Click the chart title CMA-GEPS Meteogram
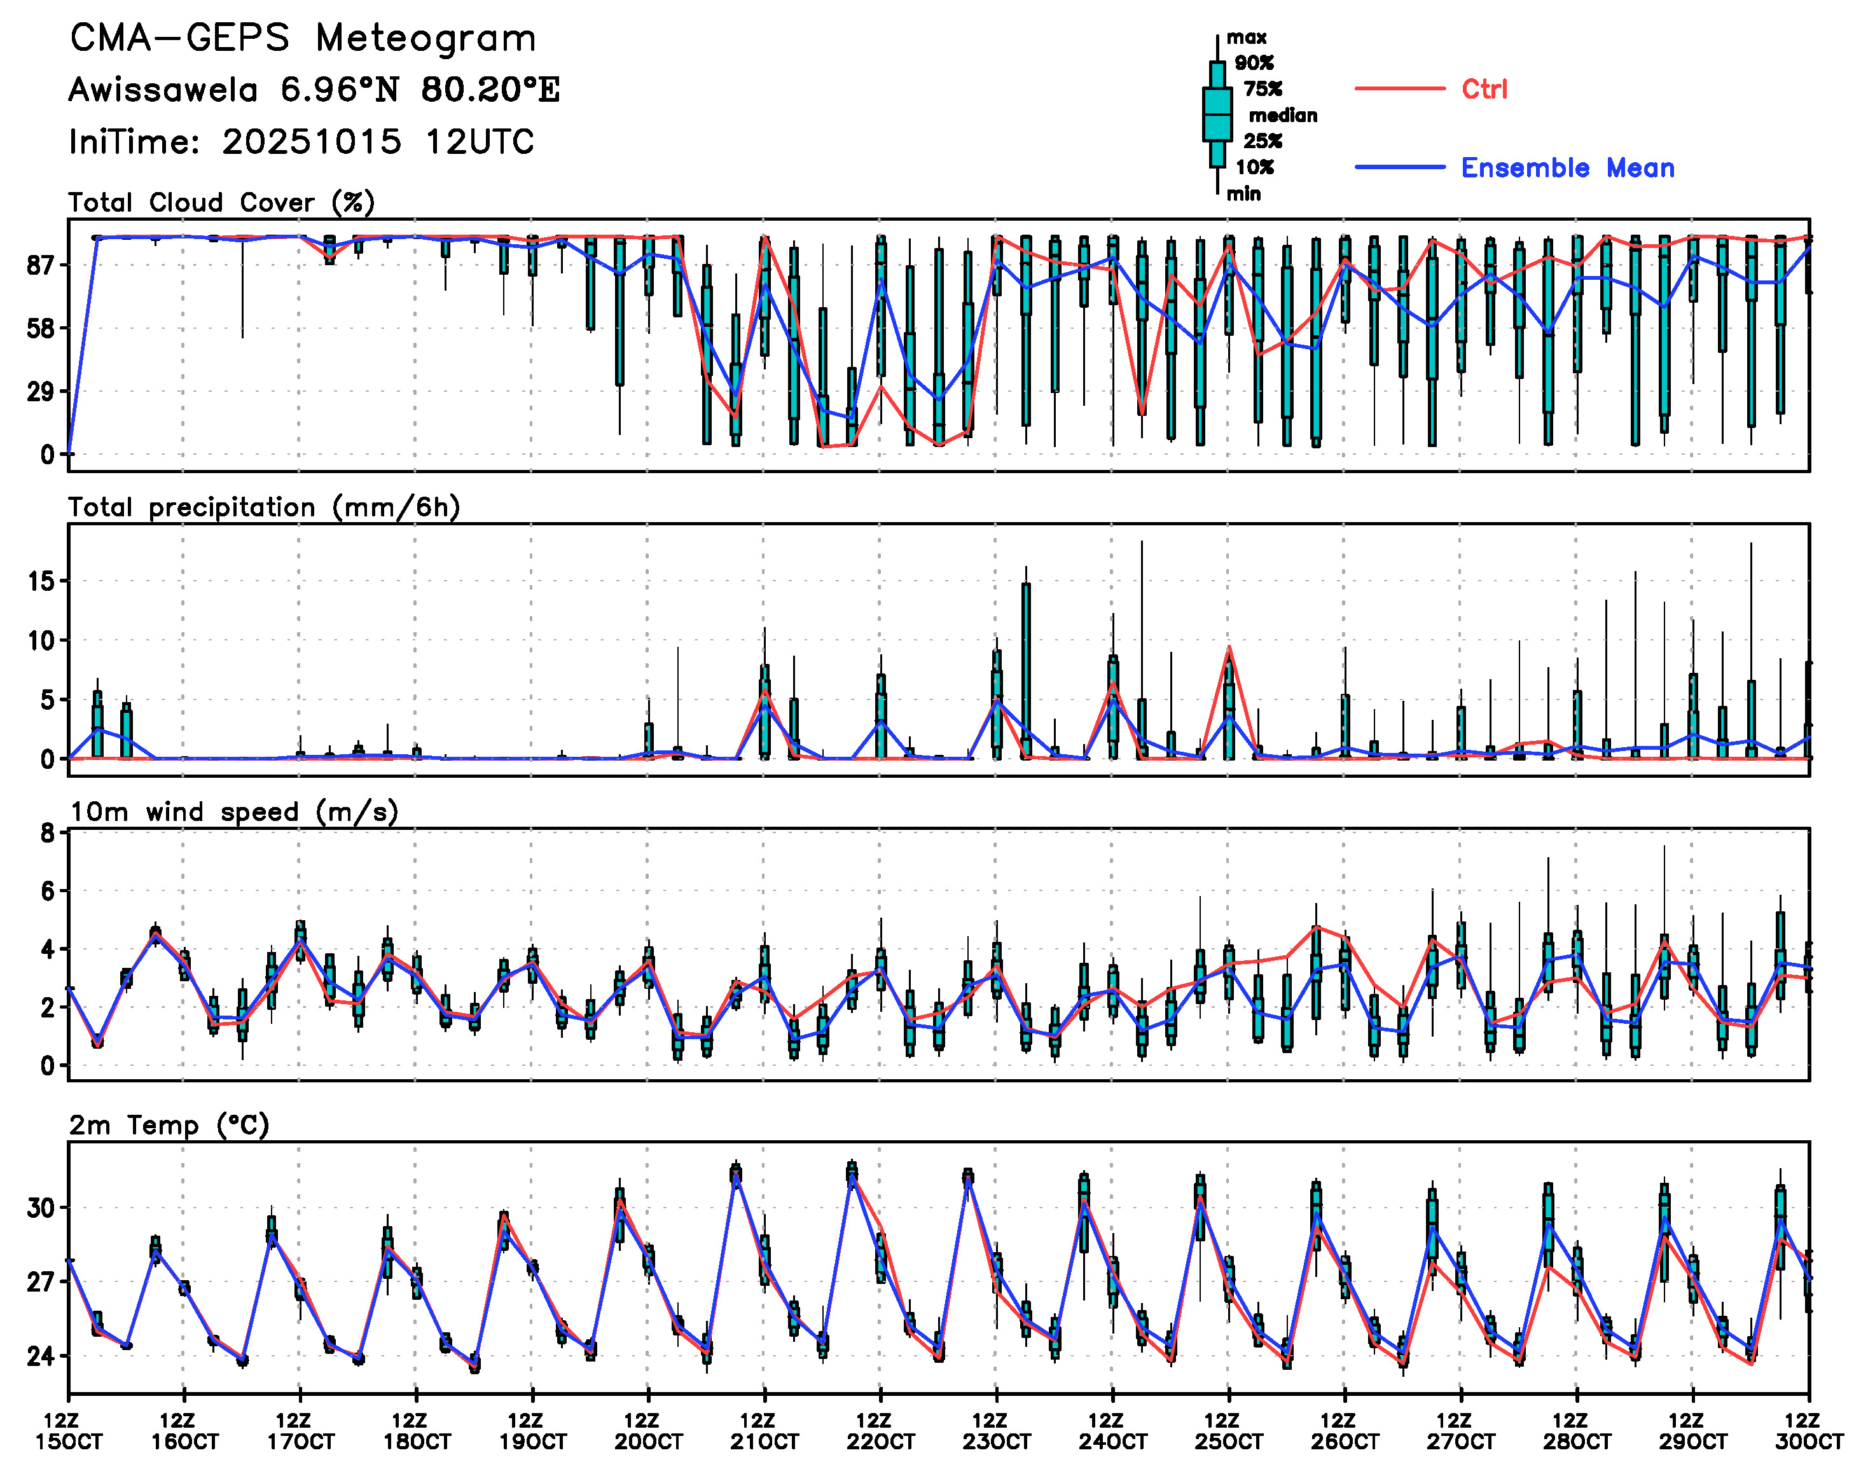pos(303,39)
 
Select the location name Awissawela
pos(163,90)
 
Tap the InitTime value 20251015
pos(311,142)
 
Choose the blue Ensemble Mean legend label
pos(1567,168)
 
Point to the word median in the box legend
pos(1283,116)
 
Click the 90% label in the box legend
pos(1254,63)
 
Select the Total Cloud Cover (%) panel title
pos(221,203)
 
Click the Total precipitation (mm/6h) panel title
pos(264,507)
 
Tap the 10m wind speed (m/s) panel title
pos(233,812)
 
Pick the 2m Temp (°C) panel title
pos(169,1125)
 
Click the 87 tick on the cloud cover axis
pos(41,266)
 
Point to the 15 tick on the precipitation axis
pos(41,582)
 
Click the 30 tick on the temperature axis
pos(41,1208)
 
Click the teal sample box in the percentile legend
pos(1217,114)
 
